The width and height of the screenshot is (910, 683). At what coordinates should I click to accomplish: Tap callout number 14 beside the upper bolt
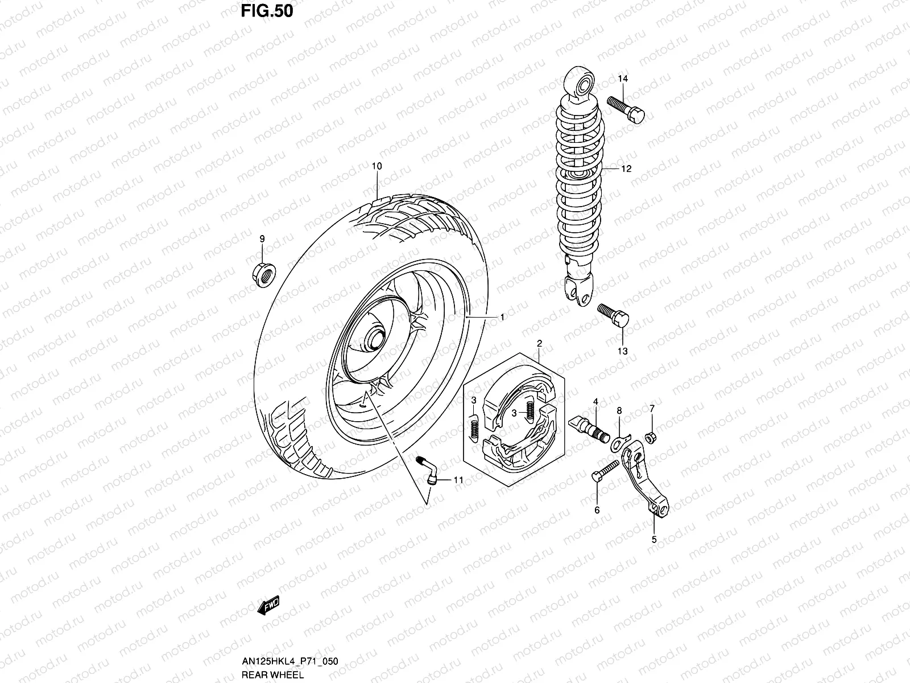pos(622,79)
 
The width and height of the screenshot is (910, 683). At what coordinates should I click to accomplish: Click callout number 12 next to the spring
pos(626,169)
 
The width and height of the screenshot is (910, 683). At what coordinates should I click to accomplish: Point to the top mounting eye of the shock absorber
pos(581,87)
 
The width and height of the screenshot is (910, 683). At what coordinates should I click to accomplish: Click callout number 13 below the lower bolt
pos(622,351)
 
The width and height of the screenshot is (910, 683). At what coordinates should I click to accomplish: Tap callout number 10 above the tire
pos(377,166)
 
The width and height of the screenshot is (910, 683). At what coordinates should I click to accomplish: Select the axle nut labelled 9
pos(262,273)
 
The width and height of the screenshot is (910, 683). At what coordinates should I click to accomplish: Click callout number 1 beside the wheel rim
pos(502,317)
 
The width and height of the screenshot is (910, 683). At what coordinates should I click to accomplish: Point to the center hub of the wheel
pos(376,338)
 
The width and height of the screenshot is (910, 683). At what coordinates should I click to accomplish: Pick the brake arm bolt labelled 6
pos(605,472)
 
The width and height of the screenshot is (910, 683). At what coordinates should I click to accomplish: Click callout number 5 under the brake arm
pos(654,539)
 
